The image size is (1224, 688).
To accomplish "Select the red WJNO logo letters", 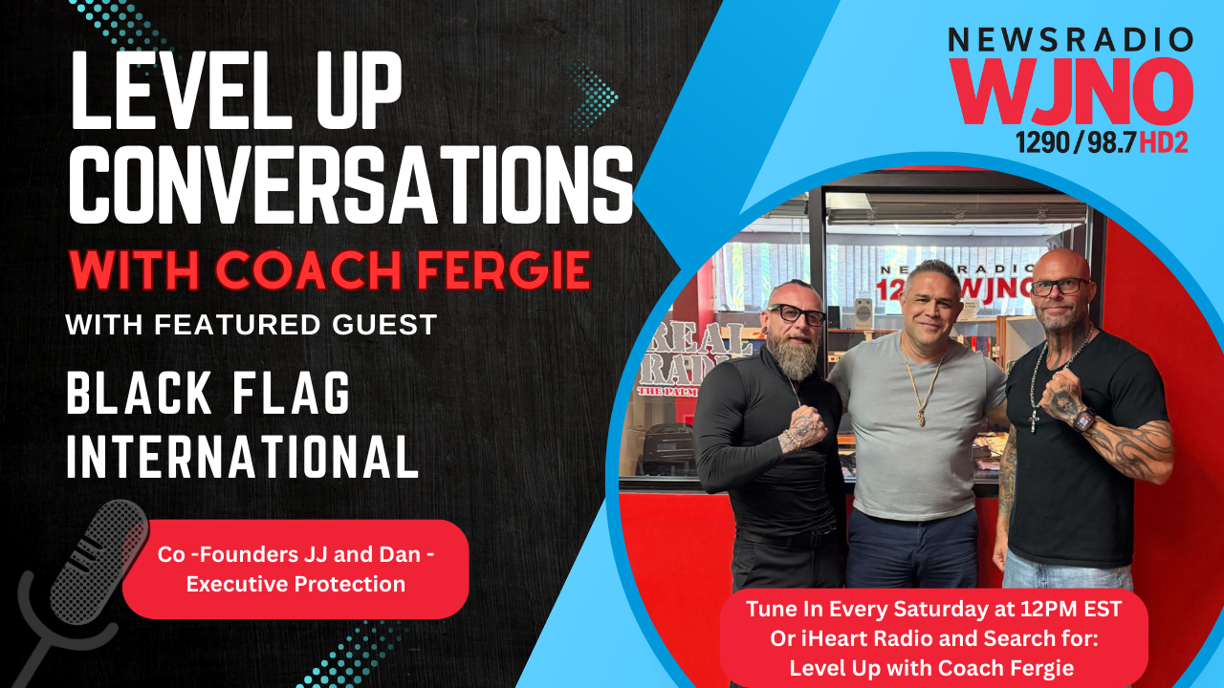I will pos(1071,91).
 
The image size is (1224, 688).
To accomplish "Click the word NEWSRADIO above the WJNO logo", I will pos(1071,40).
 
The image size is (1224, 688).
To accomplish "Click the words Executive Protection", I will pos(295,584).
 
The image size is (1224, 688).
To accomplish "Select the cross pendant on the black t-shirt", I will pos(1035,421).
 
